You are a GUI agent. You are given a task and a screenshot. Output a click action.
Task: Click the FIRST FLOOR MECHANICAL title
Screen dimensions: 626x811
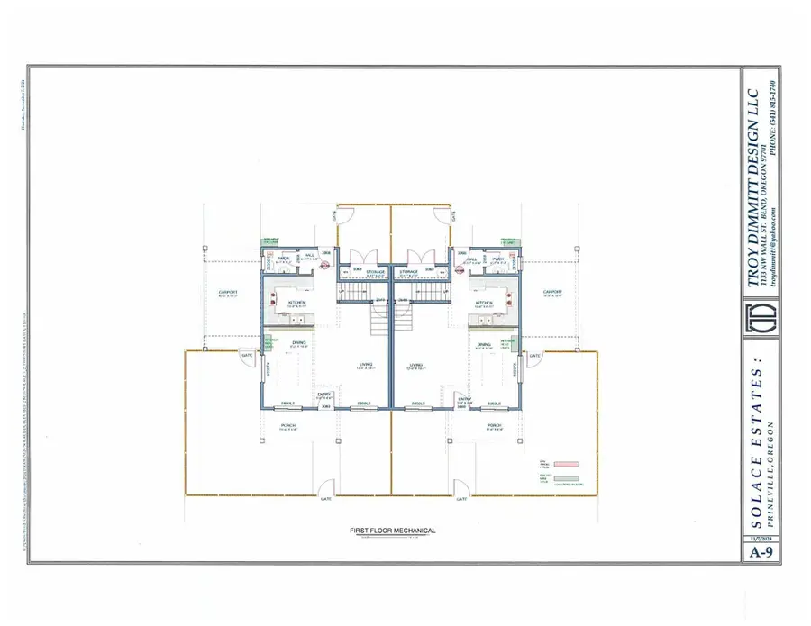coord(392,531)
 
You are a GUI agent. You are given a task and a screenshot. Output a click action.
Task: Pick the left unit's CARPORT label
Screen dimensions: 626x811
coord(227,292)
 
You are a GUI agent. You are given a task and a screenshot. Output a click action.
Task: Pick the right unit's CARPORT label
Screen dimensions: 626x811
coord(552,292)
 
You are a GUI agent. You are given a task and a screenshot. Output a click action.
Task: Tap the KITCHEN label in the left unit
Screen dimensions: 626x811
coord(297,302)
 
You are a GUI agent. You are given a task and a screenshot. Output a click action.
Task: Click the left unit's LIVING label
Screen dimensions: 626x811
coord(365,365)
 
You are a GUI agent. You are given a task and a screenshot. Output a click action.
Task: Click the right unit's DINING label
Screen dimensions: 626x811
coord(484,345)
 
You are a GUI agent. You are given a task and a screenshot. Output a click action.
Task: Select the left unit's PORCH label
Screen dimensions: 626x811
coord(288,425)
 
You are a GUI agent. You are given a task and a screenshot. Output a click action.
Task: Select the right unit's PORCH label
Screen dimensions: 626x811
coord(493,425)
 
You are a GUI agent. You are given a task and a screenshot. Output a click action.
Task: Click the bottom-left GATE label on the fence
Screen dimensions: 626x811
coord(325,498)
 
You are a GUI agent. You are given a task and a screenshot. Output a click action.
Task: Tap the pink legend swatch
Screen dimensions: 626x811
coord(566,463)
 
